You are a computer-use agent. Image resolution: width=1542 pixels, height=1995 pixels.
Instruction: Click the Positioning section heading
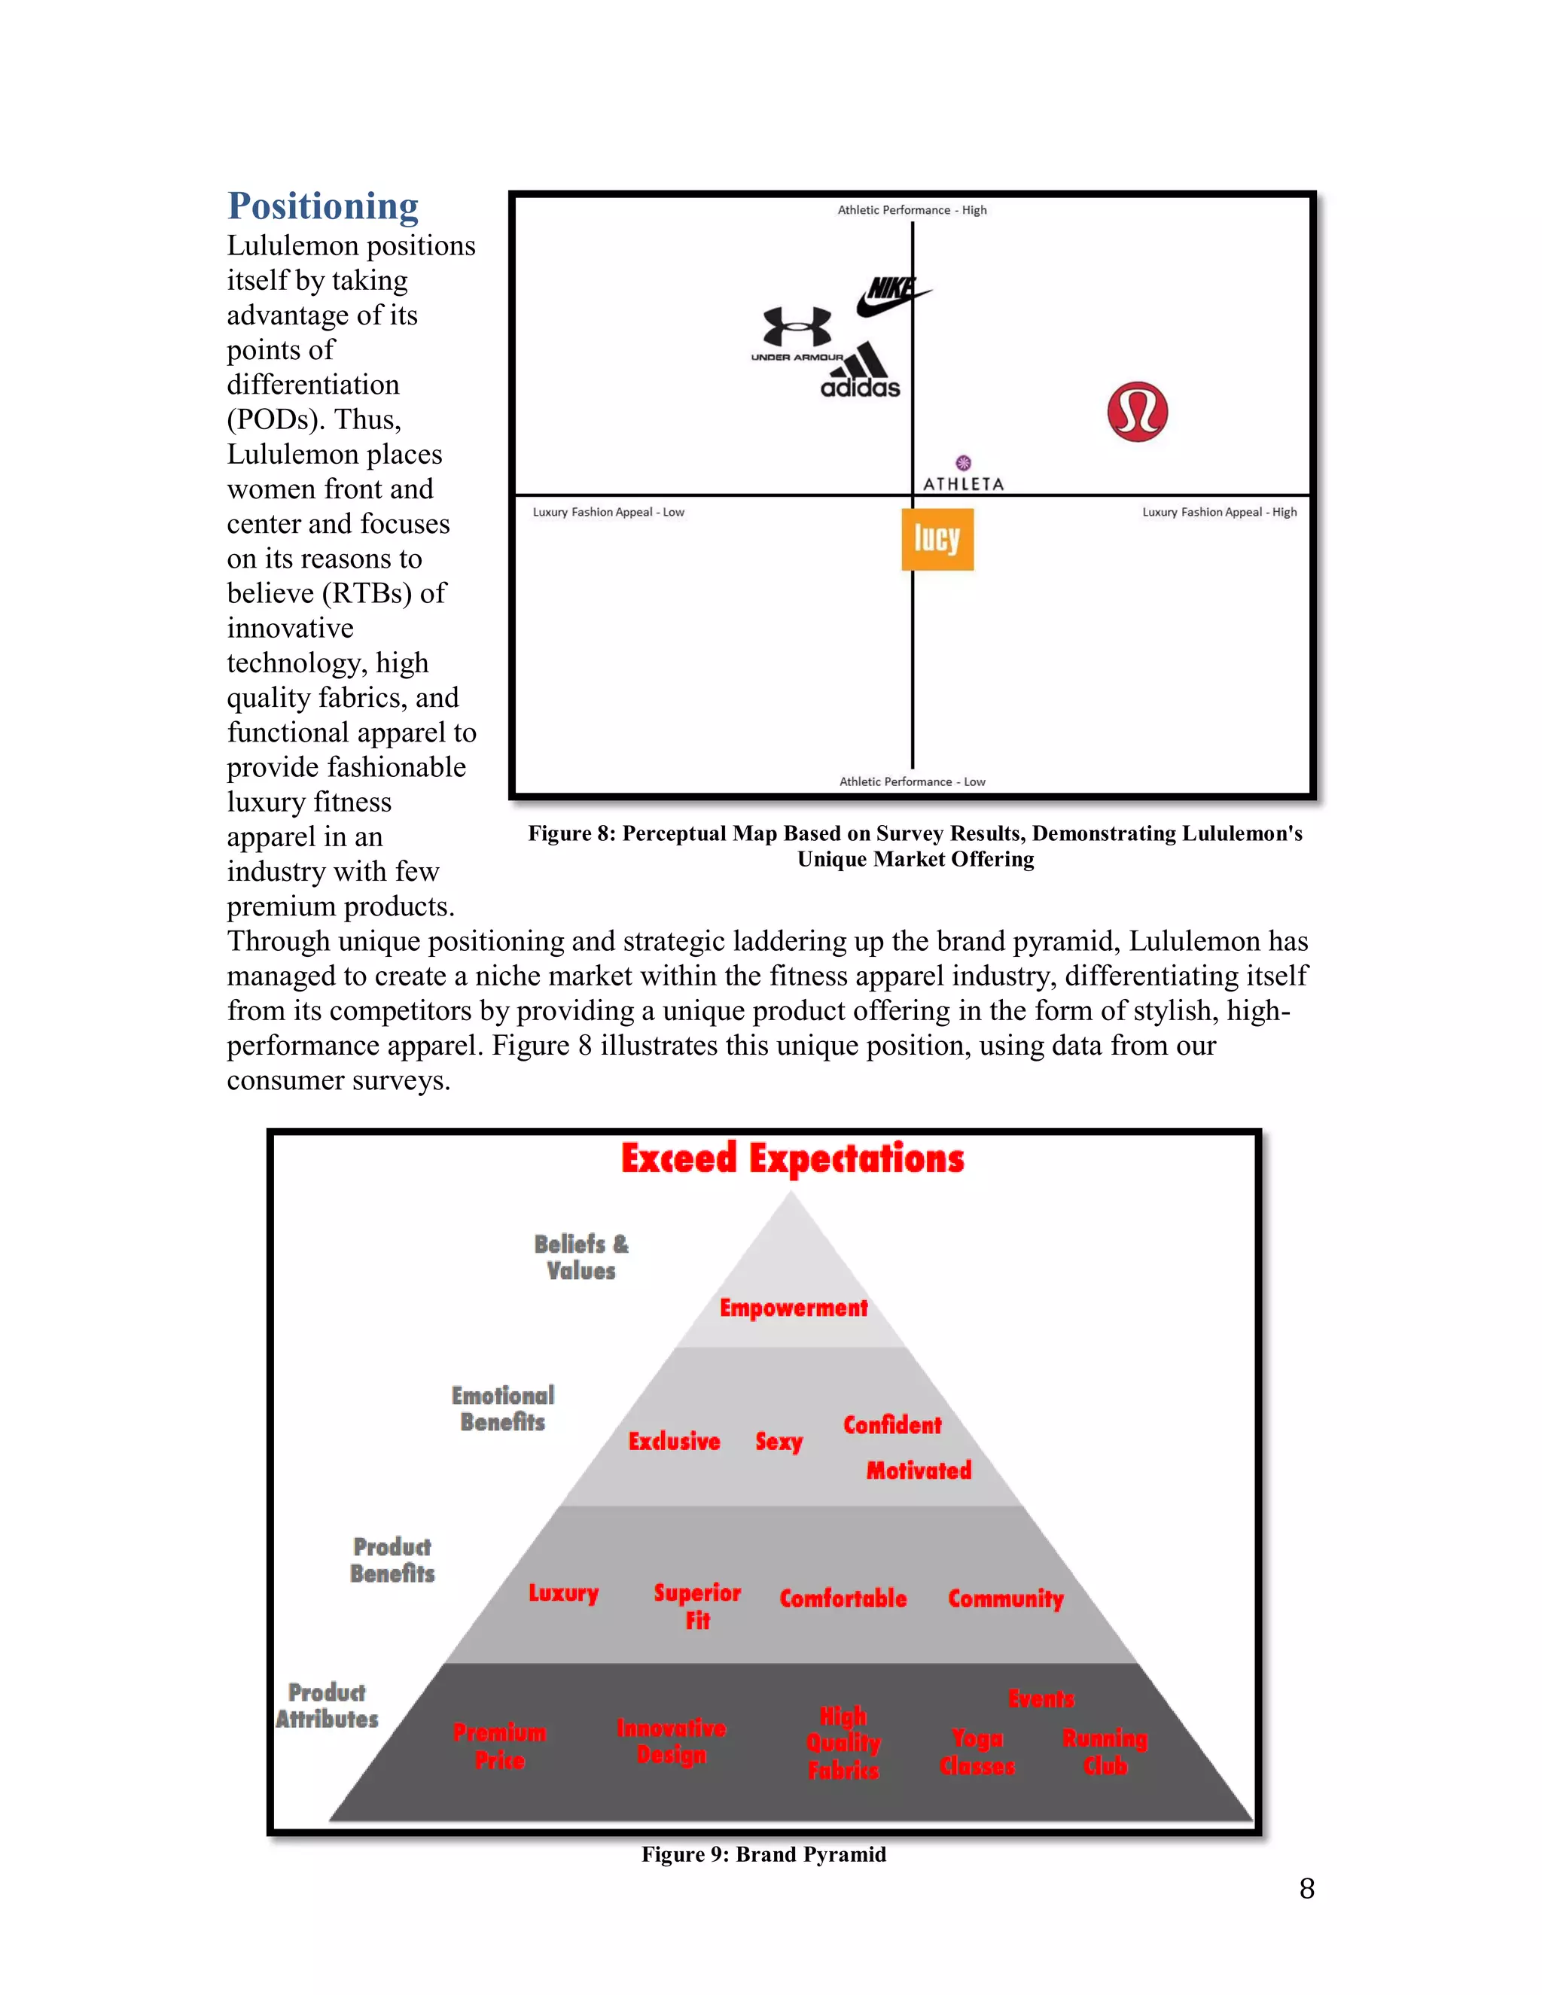tap(322, 206)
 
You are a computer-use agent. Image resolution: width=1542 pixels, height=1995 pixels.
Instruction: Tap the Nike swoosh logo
tap(891, 296)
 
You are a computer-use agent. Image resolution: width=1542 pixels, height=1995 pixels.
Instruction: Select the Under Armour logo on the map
tap(797, 334)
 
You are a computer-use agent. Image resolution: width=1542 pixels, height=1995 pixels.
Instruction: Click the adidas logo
tap(861, 372)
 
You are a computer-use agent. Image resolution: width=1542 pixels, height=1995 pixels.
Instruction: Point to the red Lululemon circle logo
tap(1138, 412)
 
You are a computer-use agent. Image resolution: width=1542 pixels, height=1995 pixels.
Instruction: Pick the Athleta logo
tap(963, 475)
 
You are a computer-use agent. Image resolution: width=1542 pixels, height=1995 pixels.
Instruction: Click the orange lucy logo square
tap(937, 539)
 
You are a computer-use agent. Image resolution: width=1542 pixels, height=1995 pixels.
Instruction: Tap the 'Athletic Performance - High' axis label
tap(912, 210)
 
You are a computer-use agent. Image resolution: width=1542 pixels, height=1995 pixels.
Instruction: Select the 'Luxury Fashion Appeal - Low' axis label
tap(608, 513)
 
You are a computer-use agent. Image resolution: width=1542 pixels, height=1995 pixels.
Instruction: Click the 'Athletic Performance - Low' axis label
tap(912, 782)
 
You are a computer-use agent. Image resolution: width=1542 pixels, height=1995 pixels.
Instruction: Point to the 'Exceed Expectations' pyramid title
tap(792, 1159)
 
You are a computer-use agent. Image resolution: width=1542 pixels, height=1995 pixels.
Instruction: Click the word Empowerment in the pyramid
tap(793, 1308)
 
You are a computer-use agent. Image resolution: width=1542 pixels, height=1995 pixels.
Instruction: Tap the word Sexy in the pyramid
tap(779, 1442)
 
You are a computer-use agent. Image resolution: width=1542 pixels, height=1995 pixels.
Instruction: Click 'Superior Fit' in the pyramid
tap(697, 1606)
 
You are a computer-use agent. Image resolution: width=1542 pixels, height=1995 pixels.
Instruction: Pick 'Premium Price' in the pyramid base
tap(500, 1746)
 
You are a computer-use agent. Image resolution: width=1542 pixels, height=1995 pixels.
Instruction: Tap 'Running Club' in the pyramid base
tap(1105, 1752)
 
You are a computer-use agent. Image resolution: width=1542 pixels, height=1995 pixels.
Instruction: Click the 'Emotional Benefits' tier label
tap(502, 1409)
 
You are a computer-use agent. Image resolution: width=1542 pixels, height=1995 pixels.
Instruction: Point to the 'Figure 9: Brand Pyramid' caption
tap(763, 1854)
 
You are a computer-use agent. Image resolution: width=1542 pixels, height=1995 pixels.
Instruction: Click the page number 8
tap(1306, 1889)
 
